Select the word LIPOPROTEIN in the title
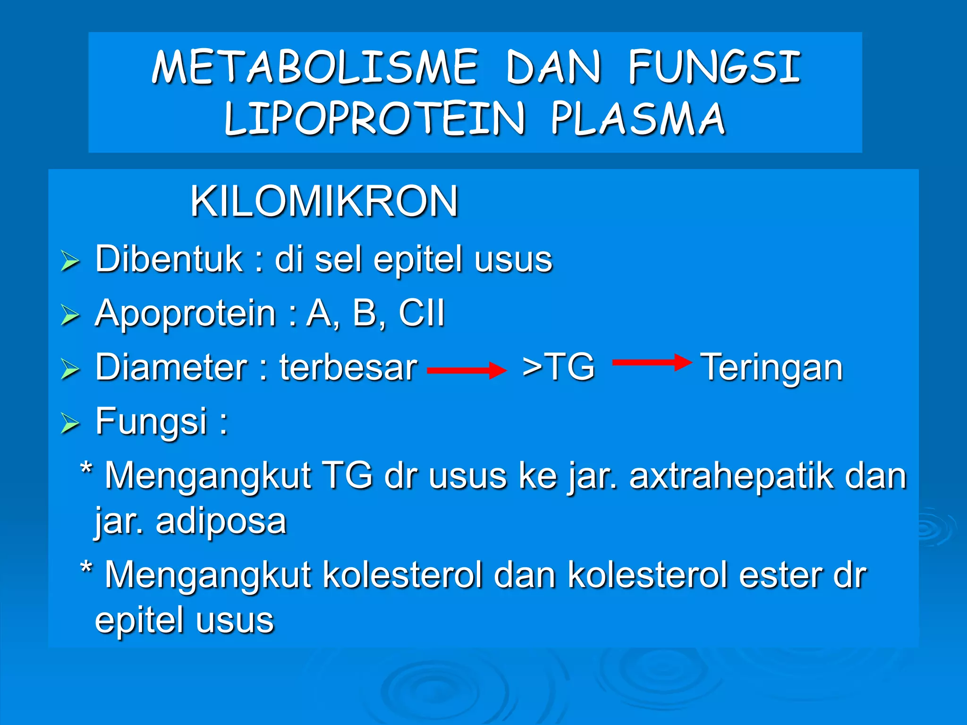pos(374,119)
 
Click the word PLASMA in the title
pos(638,119)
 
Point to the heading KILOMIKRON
pos(324,202)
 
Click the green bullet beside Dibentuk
pos(70,261)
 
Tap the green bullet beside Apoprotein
pos(70,315)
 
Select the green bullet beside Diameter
pos(70,369)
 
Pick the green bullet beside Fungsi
pos(70,423)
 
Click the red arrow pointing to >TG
pos(467,371)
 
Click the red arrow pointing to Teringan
pos(652,362)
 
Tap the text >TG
pos(558,367)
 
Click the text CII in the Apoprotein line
pos(422,313)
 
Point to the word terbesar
pos(348,367)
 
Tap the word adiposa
pos(221,521)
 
